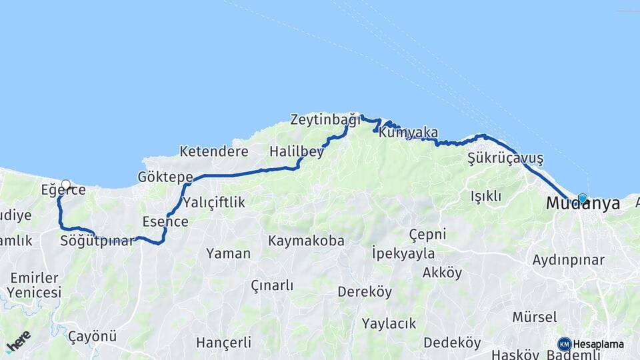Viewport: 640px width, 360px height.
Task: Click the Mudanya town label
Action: point(581,204)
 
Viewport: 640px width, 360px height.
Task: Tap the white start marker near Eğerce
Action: point(65,185)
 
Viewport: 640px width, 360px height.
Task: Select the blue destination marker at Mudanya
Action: point(583,198)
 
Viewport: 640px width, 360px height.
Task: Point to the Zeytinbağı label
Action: point(325,120)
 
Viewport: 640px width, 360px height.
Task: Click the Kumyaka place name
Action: point(408,133)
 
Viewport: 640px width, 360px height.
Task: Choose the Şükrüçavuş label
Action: point(505,159)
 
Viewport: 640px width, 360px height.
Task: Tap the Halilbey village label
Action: point(296,152)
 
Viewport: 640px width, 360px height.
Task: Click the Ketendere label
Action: point(214,151)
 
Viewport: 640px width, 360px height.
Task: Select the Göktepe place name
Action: point(165,177)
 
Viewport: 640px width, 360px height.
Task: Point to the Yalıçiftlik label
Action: point(214,202)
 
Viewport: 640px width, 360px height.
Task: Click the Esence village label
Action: point(165,222)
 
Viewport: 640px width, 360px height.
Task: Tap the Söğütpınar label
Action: point(97,240)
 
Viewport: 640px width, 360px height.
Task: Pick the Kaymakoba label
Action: point(306,241)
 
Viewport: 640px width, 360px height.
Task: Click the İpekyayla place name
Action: point(403,253)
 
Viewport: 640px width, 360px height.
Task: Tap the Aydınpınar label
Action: point(568,260)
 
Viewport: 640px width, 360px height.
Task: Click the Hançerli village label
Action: point(223,343)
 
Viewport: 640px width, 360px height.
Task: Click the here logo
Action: point(18,341)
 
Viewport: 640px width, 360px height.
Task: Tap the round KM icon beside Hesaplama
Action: point(565,344)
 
